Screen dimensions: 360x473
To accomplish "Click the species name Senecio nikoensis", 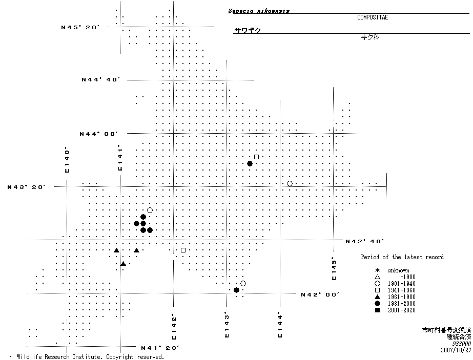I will pos(259,11).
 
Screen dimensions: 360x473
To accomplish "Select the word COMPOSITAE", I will pos(373,17).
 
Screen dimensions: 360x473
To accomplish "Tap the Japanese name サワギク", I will pos(248,31).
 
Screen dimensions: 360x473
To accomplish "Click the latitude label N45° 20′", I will pos(79,27).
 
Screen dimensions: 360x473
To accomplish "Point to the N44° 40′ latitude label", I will pos(100,80).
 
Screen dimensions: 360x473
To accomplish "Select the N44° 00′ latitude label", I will pos(98,134).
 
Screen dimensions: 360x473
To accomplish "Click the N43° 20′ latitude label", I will pos(27,187).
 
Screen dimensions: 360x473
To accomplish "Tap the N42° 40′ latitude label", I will pos(365,241).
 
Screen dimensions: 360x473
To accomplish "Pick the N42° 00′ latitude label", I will pos(320,294).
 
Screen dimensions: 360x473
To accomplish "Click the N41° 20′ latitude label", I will pos(160,348).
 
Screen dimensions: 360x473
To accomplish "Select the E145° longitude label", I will pos(334,268).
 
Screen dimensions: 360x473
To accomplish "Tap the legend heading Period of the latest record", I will pos(402,257).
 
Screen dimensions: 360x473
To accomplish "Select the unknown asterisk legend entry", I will pos(398,270).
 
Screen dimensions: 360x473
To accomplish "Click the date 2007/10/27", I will pos(456,350).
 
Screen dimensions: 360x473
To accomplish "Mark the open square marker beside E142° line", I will pos(183,250).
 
